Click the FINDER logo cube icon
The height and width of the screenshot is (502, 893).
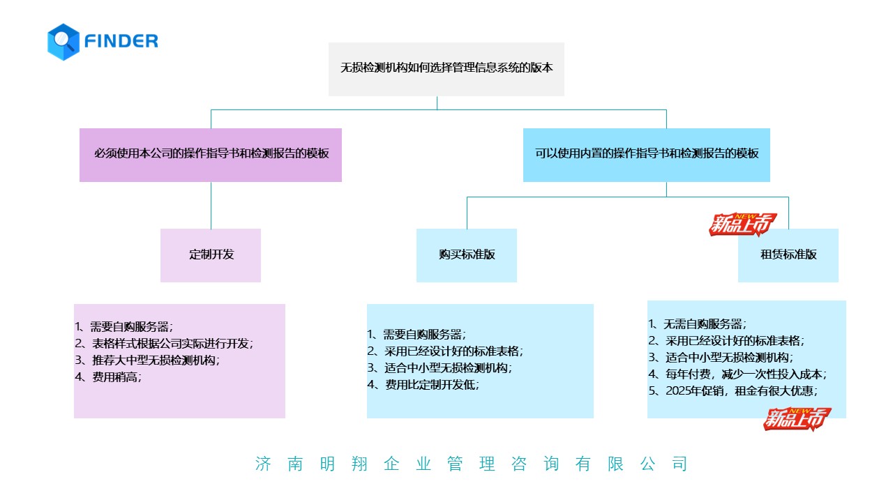(x=63, y=41)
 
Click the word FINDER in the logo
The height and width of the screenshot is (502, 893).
(x=121, y=41)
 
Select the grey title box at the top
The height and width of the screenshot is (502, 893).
(x=446, y=68)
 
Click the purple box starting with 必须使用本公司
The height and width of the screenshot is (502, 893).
(x=211, y=154)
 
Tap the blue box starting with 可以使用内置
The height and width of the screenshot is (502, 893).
(x=646, y=154)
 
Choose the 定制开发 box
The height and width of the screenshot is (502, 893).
(x=211, y=255)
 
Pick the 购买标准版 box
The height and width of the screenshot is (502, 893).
(x=467, y=255)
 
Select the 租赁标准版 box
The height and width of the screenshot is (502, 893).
(x=788, y=255)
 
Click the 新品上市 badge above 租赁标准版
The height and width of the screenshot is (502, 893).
(x=742, y=225)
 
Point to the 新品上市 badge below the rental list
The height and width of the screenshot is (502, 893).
(x=797, y=418)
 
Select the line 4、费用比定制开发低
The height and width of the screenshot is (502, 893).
(x=423, y=384)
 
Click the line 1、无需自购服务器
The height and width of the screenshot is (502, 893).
(x=698, y=324)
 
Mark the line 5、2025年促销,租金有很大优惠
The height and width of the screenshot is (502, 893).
(x=733, y=391)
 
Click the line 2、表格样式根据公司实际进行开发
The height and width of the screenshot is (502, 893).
(x=165, y=343)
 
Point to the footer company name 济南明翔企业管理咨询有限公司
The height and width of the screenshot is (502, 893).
(x=472, y=464)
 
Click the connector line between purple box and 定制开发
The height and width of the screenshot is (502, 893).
(x=211, y=205)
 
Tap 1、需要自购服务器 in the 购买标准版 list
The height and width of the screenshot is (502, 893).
(x=417, y=334)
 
